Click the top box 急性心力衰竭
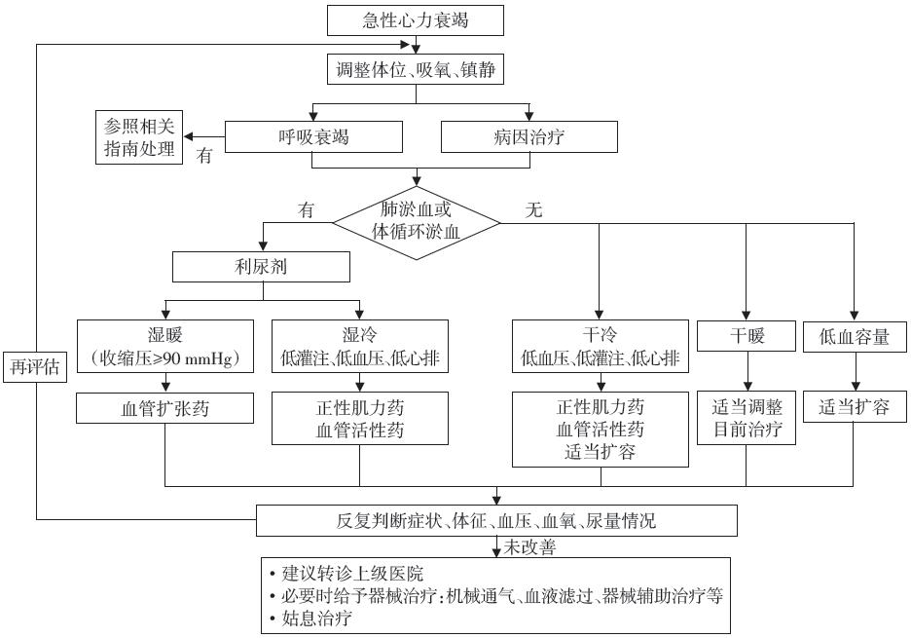[417, 19]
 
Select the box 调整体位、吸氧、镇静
[417, 69]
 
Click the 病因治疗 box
[528, 137]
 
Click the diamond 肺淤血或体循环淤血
[417, 222]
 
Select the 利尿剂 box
[260, 267]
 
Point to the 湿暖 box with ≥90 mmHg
[164, 347]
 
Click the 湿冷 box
[360, 347]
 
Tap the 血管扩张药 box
[164, 409]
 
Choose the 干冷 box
[600, 347]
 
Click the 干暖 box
[747, 337]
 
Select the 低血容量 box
[855, 337]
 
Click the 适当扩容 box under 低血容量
[855, 407]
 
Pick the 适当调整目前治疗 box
[747, 418]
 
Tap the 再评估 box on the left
[35, 366]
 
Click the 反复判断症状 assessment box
[495, 521]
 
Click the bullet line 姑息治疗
[317, 618]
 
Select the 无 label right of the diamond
[533, 209]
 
